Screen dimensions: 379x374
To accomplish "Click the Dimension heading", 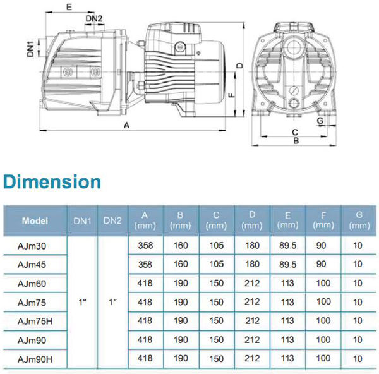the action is [x=52, y=181].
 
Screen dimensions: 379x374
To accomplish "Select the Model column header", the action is [x=35, y=220].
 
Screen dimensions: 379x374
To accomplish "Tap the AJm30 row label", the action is [x=32, y=246].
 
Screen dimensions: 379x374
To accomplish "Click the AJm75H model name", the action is [x=35, y=322].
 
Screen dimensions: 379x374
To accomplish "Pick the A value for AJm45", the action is [x=145, y=264].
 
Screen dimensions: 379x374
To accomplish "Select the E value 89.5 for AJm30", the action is [x=287, y=246].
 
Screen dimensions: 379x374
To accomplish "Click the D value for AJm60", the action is [x=252, y=283].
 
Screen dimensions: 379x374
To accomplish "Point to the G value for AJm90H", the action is [x=358, y=359].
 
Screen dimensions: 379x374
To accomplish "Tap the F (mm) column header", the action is [x=323, y=220].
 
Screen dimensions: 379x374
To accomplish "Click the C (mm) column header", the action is [x=216, y=220].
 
